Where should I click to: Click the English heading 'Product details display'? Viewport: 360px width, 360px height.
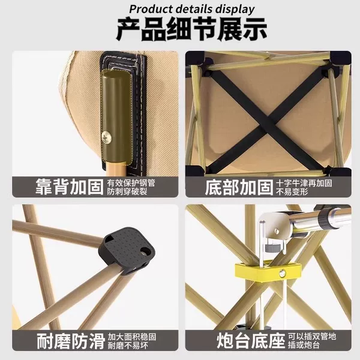(x=192, y=9)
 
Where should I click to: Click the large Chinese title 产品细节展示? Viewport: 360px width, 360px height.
(x=192, y=29)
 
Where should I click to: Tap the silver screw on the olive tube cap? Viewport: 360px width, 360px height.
(x=107, y=137)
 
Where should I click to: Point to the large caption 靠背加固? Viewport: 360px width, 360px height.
(x=70, y=187)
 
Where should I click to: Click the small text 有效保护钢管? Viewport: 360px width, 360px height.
(x=131, y=183)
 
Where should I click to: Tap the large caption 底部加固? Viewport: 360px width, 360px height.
(x=239, y=187)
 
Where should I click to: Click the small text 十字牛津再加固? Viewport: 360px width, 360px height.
(x=304, y=183)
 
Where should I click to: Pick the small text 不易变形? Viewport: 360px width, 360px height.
(x=292, y=192)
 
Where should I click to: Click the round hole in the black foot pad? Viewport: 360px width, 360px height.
(x=146, y=251)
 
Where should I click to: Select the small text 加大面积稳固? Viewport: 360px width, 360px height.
(x=132, y=337)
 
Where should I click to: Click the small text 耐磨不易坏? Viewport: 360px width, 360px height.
(x=128, y=346)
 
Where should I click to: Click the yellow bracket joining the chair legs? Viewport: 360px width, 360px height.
(x=268, y=271)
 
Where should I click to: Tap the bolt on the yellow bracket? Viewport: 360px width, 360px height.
(x=282, y=273)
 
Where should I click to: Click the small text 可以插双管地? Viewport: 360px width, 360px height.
(x=312, y=337)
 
